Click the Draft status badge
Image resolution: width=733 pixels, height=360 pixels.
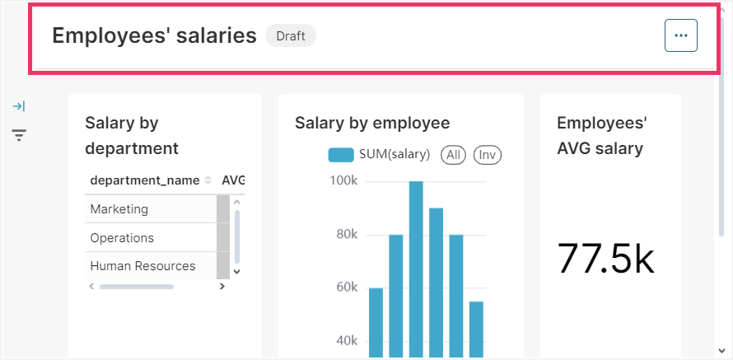290,35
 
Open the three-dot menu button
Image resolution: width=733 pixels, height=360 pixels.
680,35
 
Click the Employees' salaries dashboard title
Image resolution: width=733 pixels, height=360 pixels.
154,35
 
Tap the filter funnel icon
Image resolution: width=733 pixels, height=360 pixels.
19,134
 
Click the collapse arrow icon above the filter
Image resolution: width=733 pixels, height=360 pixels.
19,106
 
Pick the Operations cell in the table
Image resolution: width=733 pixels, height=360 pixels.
122,238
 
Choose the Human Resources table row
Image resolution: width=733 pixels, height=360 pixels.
142,266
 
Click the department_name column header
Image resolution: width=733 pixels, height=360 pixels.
145,180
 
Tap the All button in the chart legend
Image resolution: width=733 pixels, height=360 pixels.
453,154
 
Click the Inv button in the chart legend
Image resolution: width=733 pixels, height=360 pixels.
488,154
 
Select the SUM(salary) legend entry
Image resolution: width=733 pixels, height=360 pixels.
379,154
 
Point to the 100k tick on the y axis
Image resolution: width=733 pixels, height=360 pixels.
343,180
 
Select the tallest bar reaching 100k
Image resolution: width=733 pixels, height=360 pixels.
416,264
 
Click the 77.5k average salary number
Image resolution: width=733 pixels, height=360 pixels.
605,259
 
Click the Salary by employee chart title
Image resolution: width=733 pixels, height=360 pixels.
372,123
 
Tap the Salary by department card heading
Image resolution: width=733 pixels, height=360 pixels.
132,135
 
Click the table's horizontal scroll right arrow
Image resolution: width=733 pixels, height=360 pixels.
222,287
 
